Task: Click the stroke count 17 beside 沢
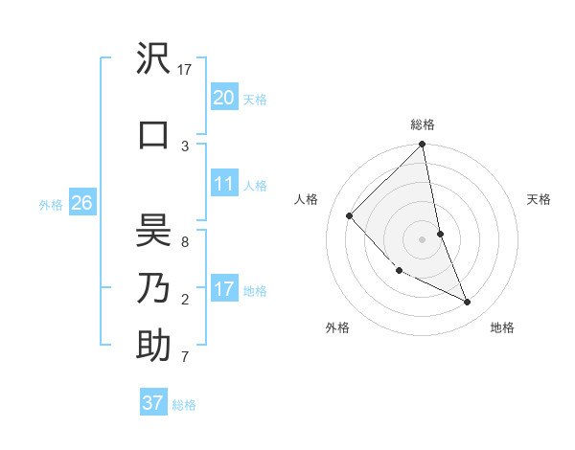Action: pos(185,70)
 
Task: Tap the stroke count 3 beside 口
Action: pos(185,146)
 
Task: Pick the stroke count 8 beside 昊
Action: pos(185,242)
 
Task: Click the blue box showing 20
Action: pos(224,97)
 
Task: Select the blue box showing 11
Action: pos(224,183)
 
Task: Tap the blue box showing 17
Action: pos(224,288)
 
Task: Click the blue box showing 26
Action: pos(81,202)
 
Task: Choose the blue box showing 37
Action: pos(153,403)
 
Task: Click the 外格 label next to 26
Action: pos(51,204)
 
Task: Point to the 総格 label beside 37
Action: pos(184,405)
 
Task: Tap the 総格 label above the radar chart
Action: pos(423,124)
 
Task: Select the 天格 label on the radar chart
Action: pos(540,199)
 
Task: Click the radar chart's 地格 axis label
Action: pos(502,327)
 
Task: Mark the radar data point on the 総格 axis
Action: pos(423,145)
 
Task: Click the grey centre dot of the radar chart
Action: pos(423,238)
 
